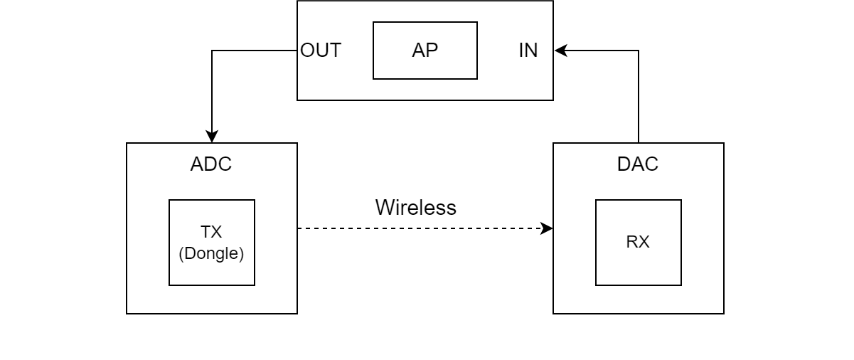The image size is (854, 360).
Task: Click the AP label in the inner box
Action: point(425,51)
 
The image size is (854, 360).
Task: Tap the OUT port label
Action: point(321,51)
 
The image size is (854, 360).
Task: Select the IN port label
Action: point(528,51)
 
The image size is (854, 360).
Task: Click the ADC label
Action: point(211,164)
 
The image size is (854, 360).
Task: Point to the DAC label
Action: point(638,164)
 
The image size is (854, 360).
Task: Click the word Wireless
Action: point(416,208)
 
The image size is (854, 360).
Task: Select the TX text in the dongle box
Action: point(211,232)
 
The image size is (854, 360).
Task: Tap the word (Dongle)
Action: point(211,253)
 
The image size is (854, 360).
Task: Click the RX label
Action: point(638,242)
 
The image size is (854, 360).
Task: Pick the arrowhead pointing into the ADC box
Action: point(212,137)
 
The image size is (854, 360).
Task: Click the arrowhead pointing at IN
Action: point(561,51)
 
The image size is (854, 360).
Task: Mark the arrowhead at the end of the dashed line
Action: point(546,228)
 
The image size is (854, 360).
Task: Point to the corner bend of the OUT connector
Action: point(212,51)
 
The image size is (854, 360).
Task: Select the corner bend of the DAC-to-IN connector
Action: point(639,51)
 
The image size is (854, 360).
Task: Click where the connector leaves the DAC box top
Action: point(639,142)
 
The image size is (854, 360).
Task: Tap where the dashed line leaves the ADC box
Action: point(298,228)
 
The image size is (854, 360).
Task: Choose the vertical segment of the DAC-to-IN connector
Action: point(639,97)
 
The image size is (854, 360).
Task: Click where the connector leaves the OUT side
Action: point(297,51)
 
